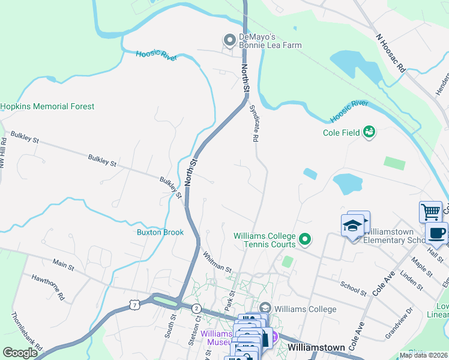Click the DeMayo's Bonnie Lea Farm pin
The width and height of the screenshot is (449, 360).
click(x=229, y=40)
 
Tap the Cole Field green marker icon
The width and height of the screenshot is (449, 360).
click(x=369, y=131)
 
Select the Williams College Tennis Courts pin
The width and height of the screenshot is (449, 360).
click(x=305, y=240)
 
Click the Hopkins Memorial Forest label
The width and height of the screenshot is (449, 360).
click(x=47, y=106)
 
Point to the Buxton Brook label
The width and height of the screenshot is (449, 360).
click(x=160, y=232)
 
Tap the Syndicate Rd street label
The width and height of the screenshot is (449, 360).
click(x=255, y=123)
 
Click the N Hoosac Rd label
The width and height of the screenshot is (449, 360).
click(x=391, y=53)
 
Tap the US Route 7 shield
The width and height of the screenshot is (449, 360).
click(x=134, y=306)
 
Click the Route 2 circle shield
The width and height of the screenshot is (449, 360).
click(x=196, y=308)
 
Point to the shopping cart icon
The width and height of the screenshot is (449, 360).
click(x=430, y=212)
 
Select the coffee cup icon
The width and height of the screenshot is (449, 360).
click(x=436, y=233)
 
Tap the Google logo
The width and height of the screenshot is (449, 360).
click(x=20, y=353)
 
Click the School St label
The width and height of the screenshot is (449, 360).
click(x=352, y=289)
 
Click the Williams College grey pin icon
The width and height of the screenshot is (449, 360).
click(x=265, y=308)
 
